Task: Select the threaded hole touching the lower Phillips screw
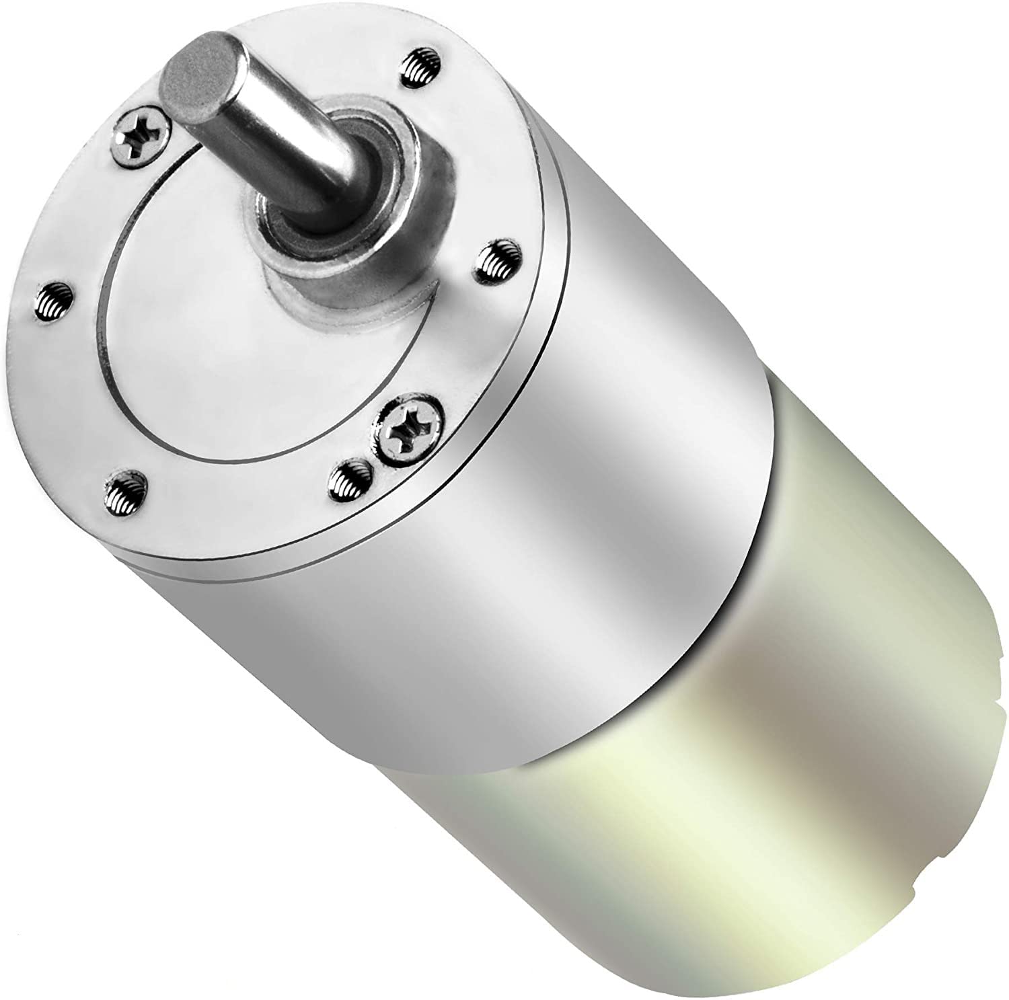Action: coord(351,478)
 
